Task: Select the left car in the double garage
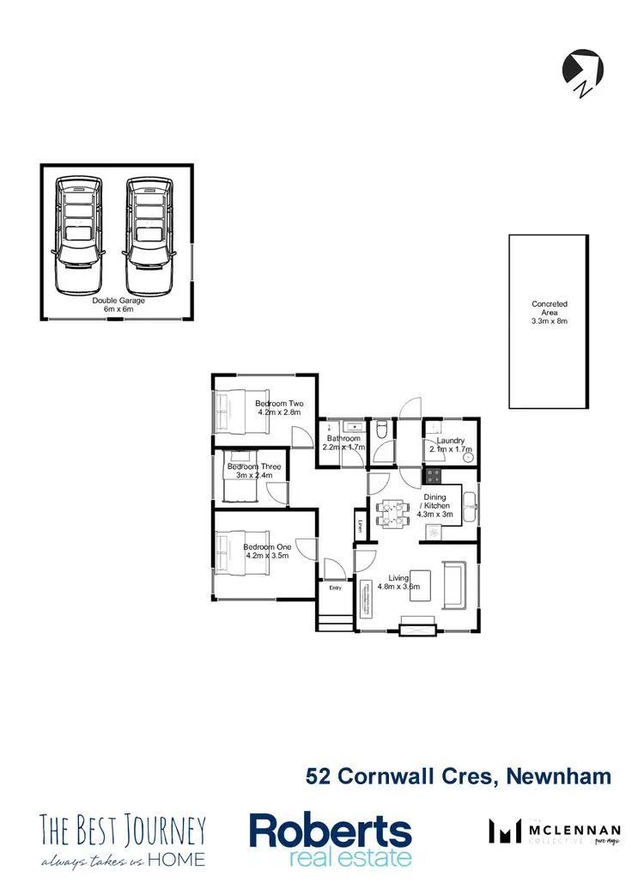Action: (x=77, y=234)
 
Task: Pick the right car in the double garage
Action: (x=149, y=234)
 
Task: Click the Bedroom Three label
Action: (x=254, y=466)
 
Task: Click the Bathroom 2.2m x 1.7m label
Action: (x=343, y=443)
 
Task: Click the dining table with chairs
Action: (x=393, y=513)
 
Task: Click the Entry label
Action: (x=335, y=588)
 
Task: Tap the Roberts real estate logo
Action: (x=331, y=838)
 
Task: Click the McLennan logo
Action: (x=554, y=831)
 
